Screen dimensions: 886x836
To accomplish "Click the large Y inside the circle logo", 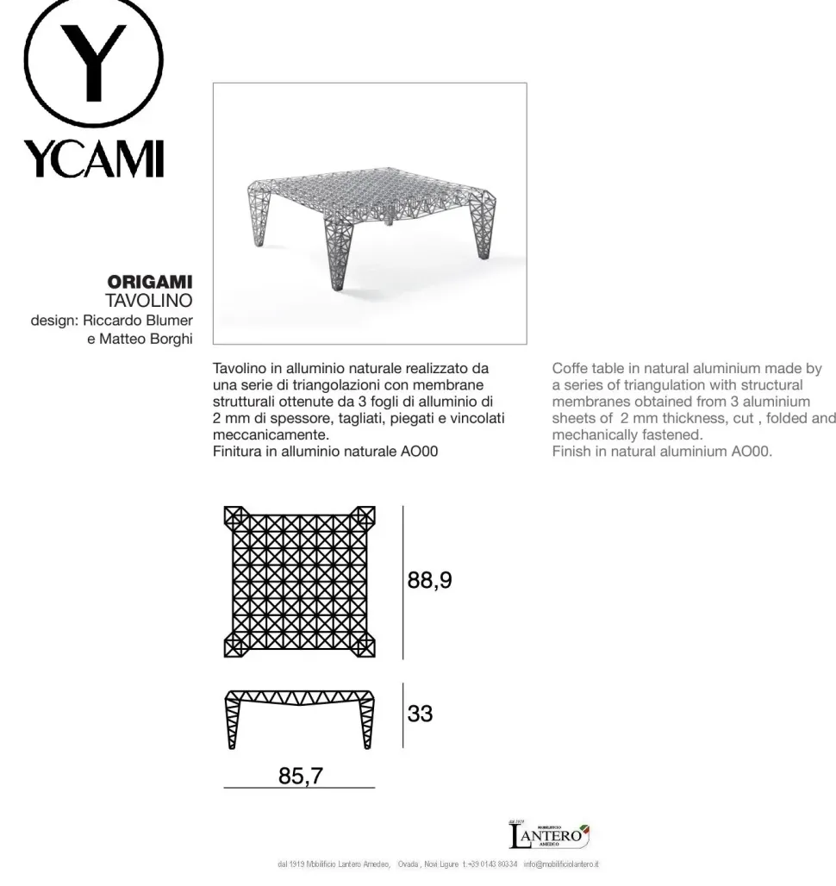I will tap(92, 60).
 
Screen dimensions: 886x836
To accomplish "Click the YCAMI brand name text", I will tap(93, 158).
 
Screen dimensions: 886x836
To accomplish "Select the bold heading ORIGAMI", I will tap(149, 283).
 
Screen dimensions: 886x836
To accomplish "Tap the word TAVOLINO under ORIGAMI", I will tap(148, 301).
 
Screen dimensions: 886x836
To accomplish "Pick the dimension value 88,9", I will tap(429, 581).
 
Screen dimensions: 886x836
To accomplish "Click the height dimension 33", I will tap(421, 714).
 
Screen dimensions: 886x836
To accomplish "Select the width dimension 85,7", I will tap(300, 776).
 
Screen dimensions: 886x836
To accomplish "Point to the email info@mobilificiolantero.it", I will tap(561, 864).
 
